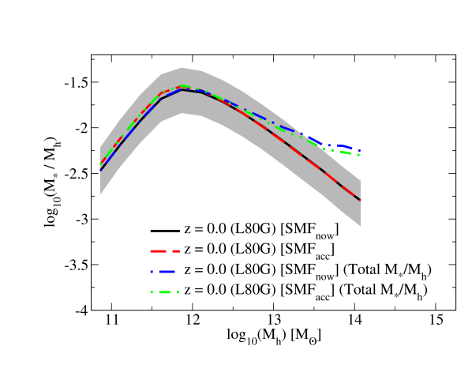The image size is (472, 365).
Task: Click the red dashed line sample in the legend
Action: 165,251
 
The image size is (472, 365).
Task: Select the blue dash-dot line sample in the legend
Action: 163,272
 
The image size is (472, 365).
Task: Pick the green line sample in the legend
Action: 164,292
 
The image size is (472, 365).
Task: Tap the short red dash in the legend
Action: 177,251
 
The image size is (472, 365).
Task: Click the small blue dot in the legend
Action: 152,272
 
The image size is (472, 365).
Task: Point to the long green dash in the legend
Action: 164,292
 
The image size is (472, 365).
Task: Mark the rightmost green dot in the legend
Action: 178,292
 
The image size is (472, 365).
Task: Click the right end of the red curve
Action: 360,200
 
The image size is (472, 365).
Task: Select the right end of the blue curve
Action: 360,150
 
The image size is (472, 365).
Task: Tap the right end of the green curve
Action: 359,155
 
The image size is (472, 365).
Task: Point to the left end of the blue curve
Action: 100,170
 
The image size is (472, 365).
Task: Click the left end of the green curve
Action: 100,164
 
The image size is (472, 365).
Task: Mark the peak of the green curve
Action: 182,85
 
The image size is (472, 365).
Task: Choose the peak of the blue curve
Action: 182,89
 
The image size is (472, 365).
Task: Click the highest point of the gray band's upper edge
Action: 182,67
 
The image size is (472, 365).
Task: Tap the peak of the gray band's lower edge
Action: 183,114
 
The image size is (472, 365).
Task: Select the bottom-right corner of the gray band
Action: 360,226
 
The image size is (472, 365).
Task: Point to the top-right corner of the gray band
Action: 360,180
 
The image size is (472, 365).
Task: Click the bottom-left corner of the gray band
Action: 100,194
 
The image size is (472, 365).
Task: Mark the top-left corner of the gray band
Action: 100,148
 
